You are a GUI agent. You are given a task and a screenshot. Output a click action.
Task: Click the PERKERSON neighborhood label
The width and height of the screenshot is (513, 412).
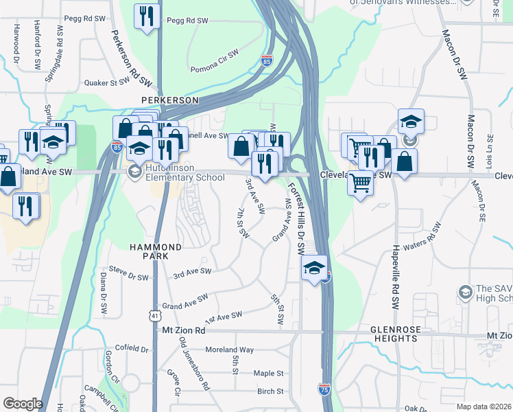pyautogui.click(x=169, y=100)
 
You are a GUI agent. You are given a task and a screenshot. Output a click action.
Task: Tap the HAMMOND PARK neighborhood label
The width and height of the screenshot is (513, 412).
pyautogui.click(x=157, y=251)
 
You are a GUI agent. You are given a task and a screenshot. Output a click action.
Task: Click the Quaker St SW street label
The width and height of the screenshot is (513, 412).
pyautogui.click(x=107, y=82)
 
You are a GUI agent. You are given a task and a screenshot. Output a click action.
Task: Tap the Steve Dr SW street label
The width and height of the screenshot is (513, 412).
pyautogui.click(x=128, y=276)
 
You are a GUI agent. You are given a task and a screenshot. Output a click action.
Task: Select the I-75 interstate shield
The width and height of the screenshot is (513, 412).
pyautogui.click(x=324, y=389)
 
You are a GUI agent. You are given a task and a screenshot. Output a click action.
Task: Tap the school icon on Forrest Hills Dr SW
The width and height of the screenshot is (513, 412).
pyautogui.click(x=315, y=268)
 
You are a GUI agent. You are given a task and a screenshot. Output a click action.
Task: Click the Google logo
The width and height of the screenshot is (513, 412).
pyautogui.click(x=23, y=404)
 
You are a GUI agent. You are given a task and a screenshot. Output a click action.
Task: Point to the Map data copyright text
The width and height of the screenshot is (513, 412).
pyautogui.click(x=484, y=407)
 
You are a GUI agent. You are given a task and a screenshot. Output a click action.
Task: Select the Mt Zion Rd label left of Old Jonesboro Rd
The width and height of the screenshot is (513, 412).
pyautogui.click(x=184, y=330)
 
